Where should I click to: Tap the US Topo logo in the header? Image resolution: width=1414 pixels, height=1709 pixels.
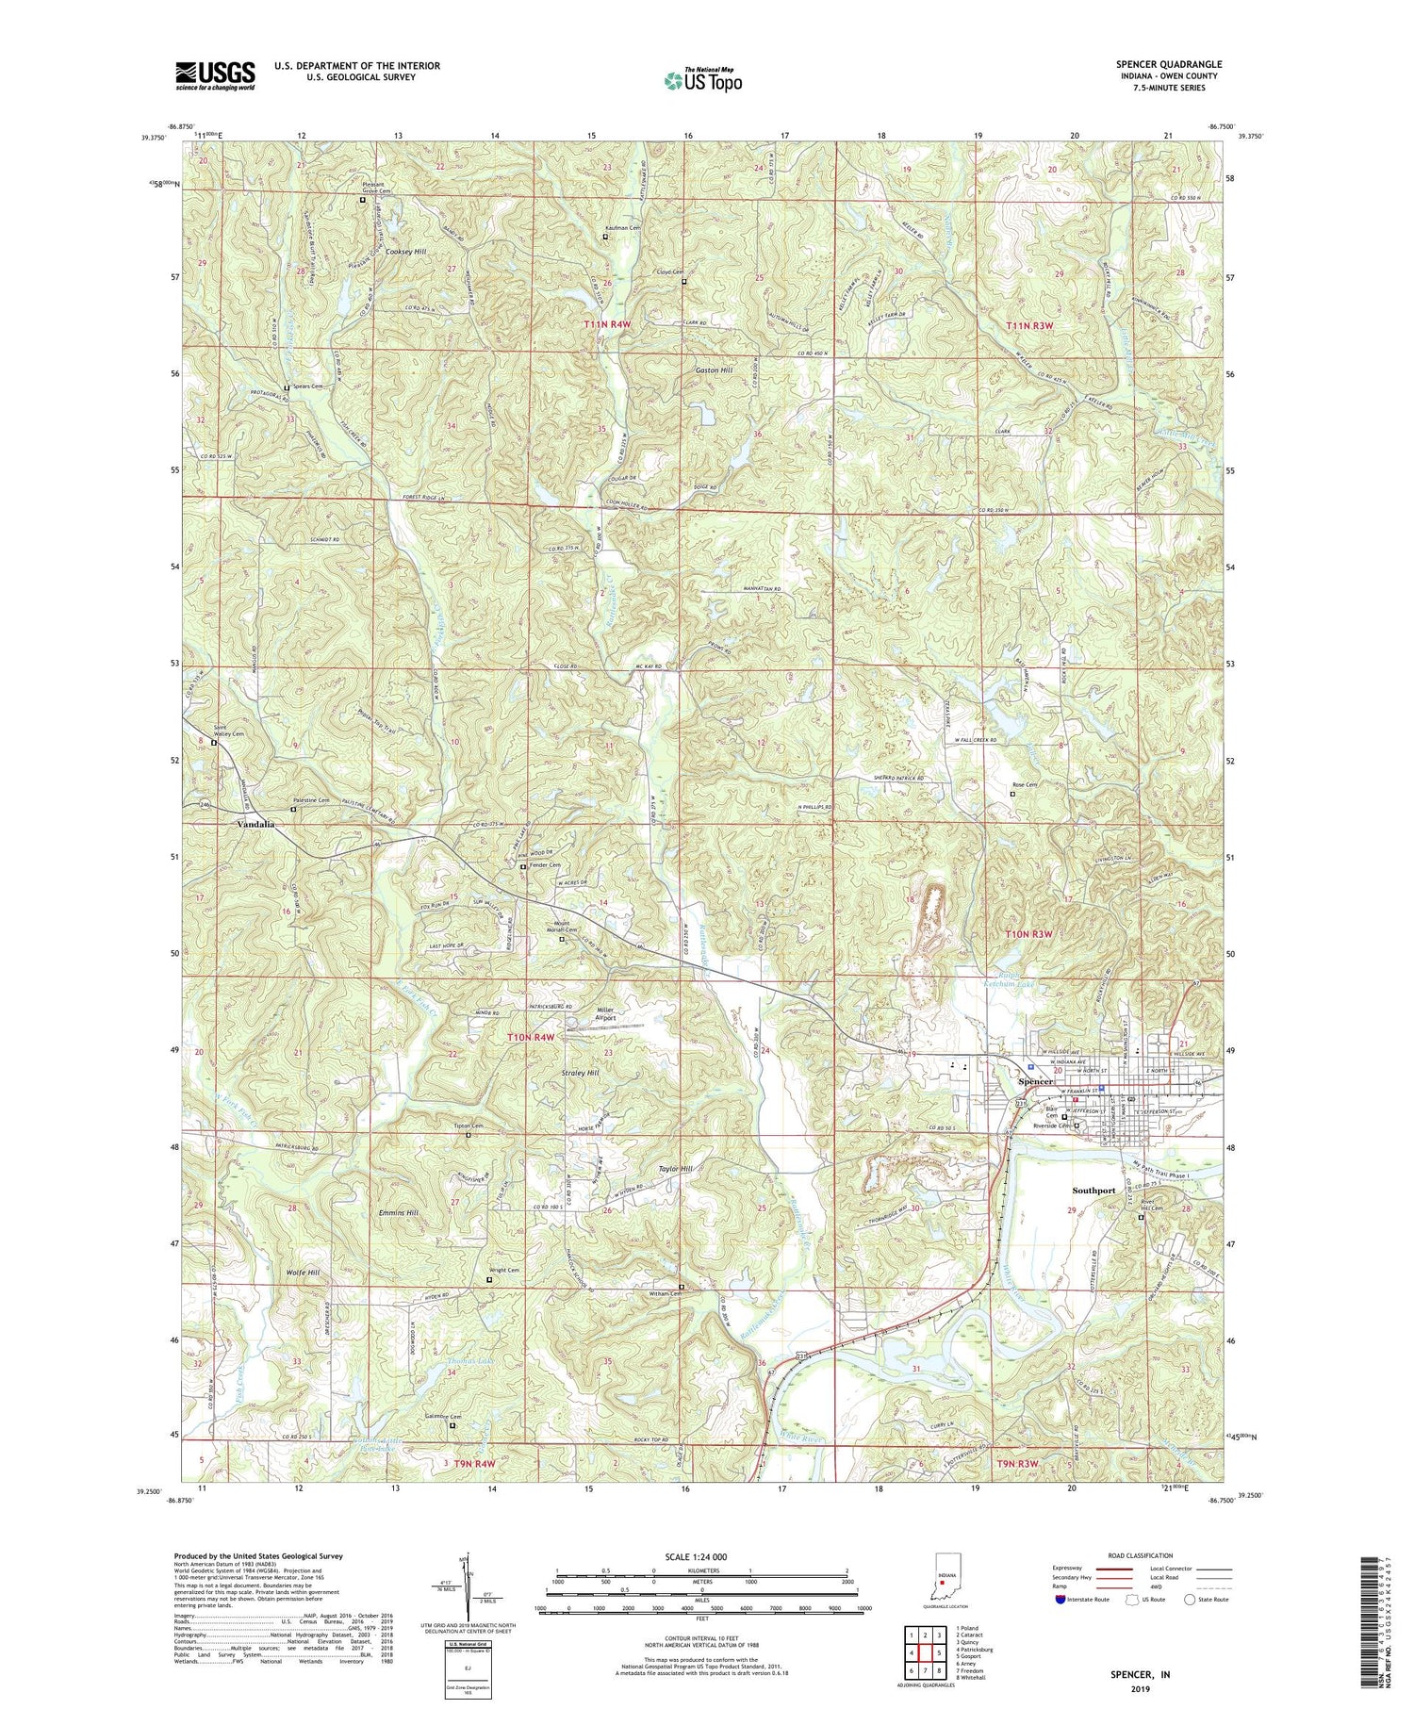(x=702, y=81)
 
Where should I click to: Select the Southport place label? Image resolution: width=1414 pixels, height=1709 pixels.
(x=1093, y=1191)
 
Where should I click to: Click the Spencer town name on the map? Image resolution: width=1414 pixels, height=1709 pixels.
(x=1036, y=1082)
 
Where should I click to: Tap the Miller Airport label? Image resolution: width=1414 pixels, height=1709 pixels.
(x=605, y=1014)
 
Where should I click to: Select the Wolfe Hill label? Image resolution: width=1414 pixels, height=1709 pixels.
(x=303, y=1273)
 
